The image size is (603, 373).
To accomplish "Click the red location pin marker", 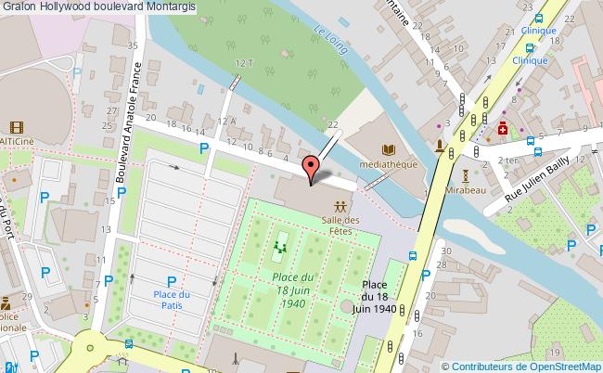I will pos(312,168).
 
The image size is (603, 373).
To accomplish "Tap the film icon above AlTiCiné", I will pos(17,126).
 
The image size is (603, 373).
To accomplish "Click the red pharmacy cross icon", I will pos(503,129).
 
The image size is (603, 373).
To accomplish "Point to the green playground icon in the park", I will pos(280,248).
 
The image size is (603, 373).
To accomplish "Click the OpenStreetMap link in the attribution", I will pos(564,366).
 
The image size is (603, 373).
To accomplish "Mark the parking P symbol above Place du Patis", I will pos(171,281).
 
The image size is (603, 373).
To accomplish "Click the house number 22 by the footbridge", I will pos(332,123).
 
